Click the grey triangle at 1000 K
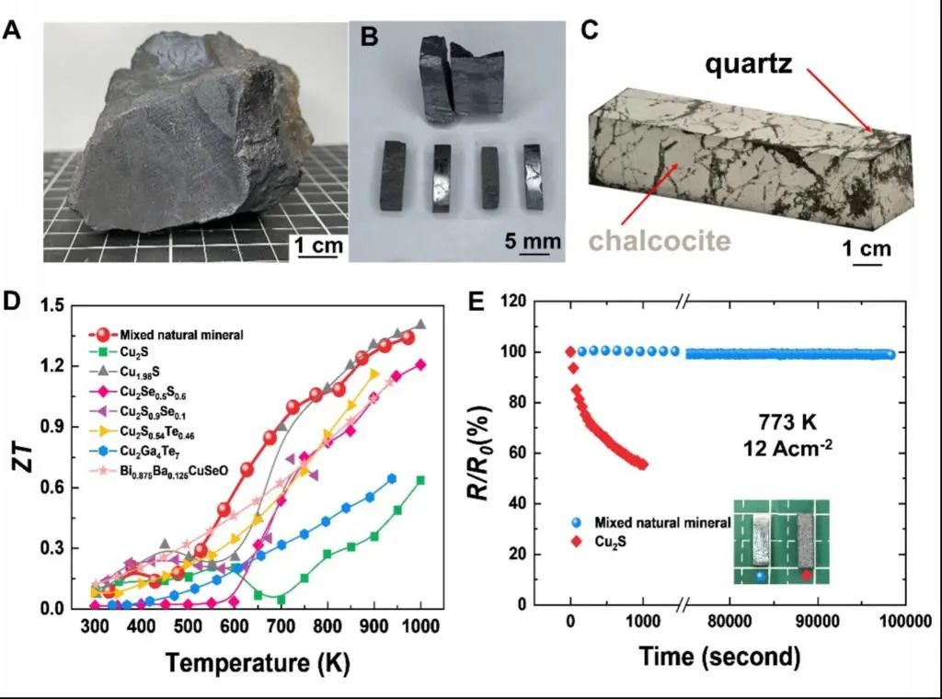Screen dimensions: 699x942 [420, 325]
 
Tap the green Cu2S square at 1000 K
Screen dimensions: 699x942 [420, 480]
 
